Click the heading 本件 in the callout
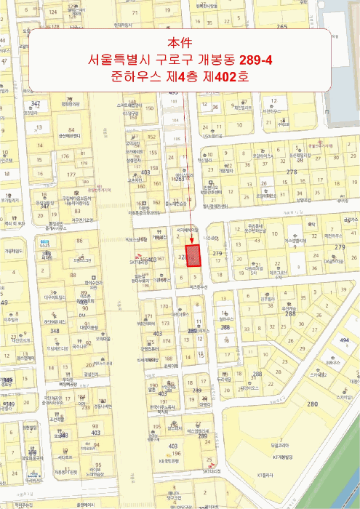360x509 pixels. (x=179, y=43)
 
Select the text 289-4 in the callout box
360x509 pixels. (x=249, y=59)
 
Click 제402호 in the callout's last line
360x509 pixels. (x=220, y=75)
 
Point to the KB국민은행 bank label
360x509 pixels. (x=169, y=461)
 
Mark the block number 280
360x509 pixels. (x=313, y=404)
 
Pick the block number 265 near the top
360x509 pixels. (x=282, y=27)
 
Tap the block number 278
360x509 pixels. (x=292, y=172)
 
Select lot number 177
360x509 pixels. (x=71, y=175)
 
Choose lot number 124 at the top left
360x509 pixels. (x=52, y=12)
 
